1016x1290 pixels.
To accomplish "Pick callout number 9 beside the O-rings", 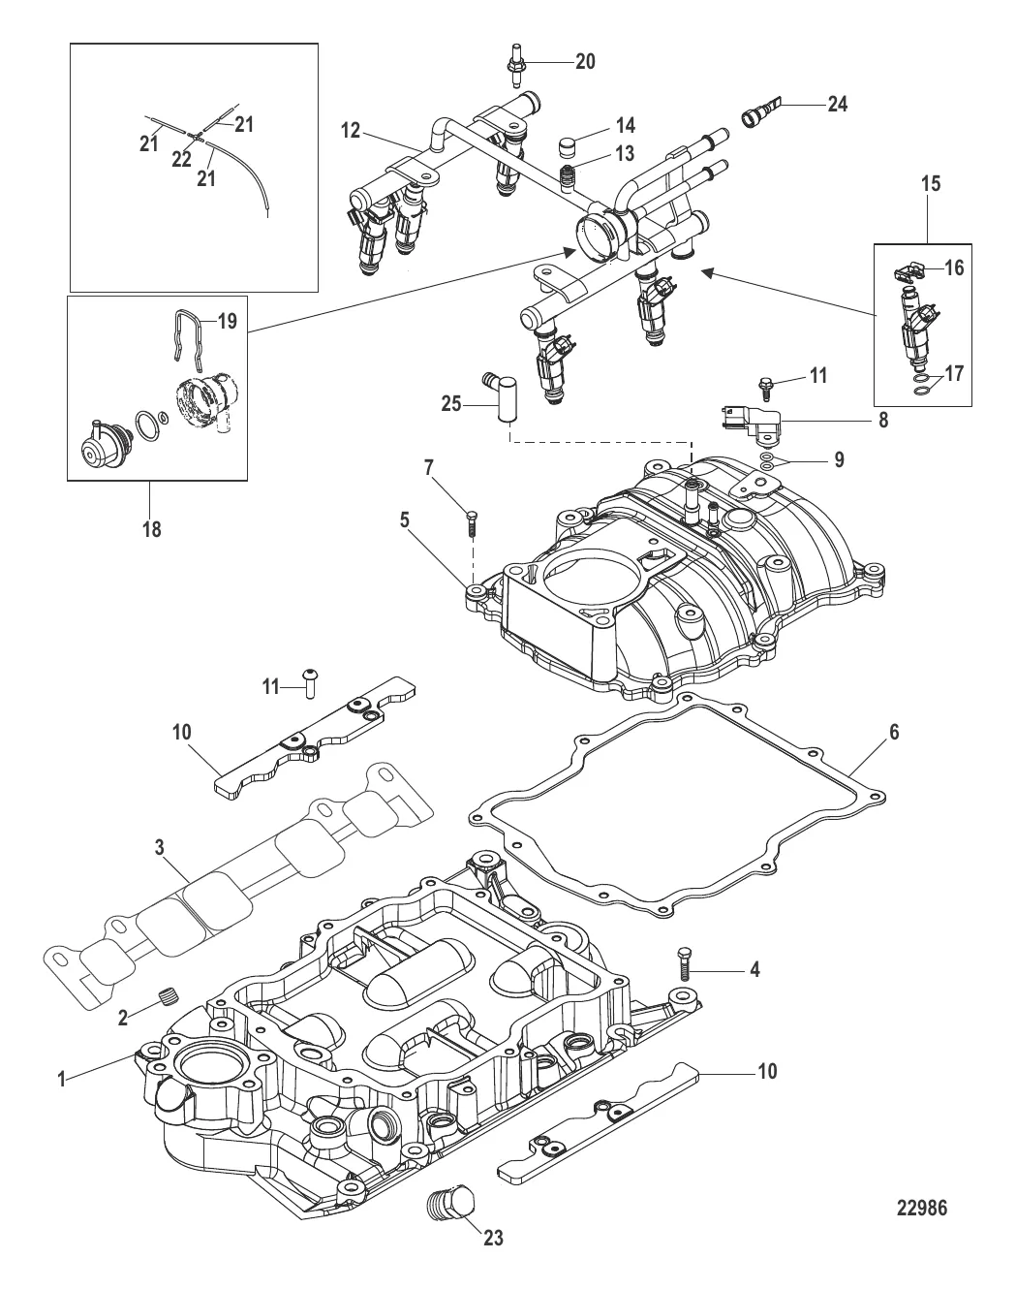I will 839,458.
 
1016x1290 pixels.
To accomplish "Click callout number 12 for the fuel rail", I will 350,129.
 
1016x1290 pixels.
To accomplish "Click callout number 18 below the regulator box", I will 152,529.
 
